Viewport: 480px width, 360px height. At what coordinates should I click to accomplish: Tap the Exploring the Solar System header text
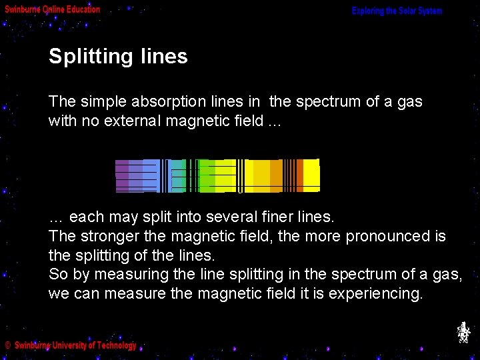(397, 11)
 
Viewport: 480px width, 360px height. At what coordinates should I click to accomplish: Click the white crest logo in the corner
(463, 332)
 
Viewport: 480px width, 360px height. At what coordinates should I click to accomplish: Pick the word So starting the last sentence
(57, 274)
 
